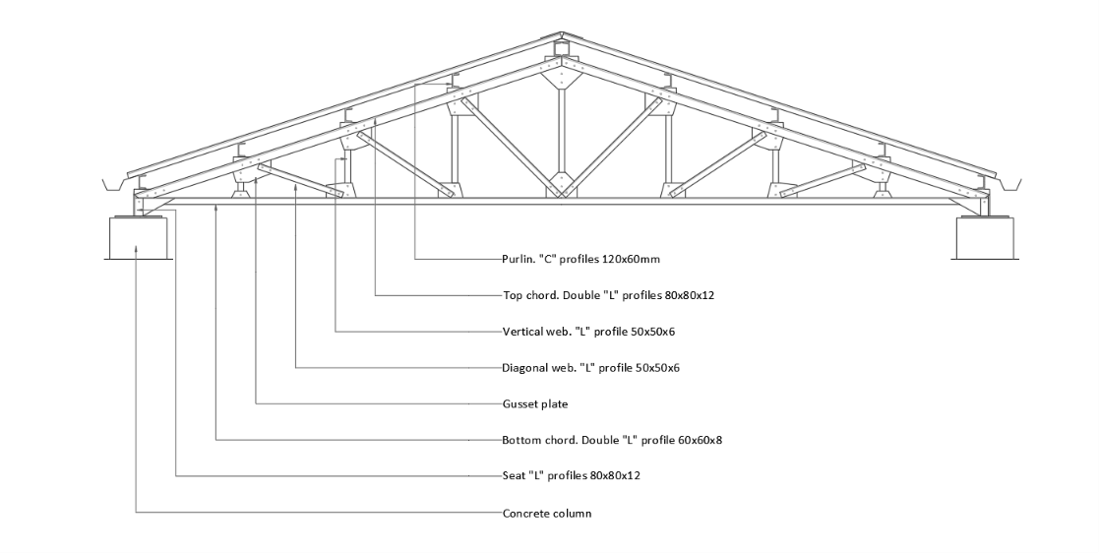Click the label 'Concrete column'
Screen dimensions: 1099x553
click(x=547, y=513)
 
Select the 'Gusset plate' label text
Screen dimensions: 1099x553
click(x=535, y=403)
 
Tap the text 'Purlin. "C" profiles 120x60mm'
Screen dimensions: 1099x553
click(x=581, y=259)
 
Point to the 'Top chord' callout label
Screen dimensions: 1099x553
click(x=608, y=295)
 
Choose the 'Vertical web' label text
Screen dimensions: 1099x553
click(x=588, y=331)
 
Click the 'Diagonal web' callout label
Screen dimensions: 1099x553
click(x=591, y=367)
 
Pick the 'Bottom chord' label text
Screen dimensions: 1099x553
click(x=612, y=440)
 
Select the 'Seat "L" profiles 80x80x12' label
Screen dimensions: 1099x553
click(x=572, y=476)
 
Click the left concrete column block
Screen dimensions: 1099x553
click(x=138, y=237)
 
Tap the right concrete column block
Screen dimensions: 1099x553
click(x=985, y=237)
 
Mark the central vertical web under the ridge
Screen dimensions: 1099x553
click(x=562, y=130)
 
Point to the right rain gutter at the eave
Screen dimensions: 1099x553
click(x=1008, y=184)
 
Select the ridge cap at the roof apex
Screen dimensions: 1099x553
click(x=562, y=35)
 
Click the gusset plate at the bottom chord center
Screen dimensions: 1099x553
click(x=562, y=184)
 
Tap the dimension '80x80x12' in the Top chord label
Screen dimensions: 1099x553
click(x=690, y=295)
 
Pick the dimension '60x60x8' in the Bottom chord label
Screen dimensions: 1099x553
click(x=701, y=440)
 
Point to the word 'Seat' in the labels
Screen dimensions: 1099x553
click(x=513, y=476)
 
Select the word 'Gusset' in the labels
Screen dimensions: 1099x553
click(x=519, y=403)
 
